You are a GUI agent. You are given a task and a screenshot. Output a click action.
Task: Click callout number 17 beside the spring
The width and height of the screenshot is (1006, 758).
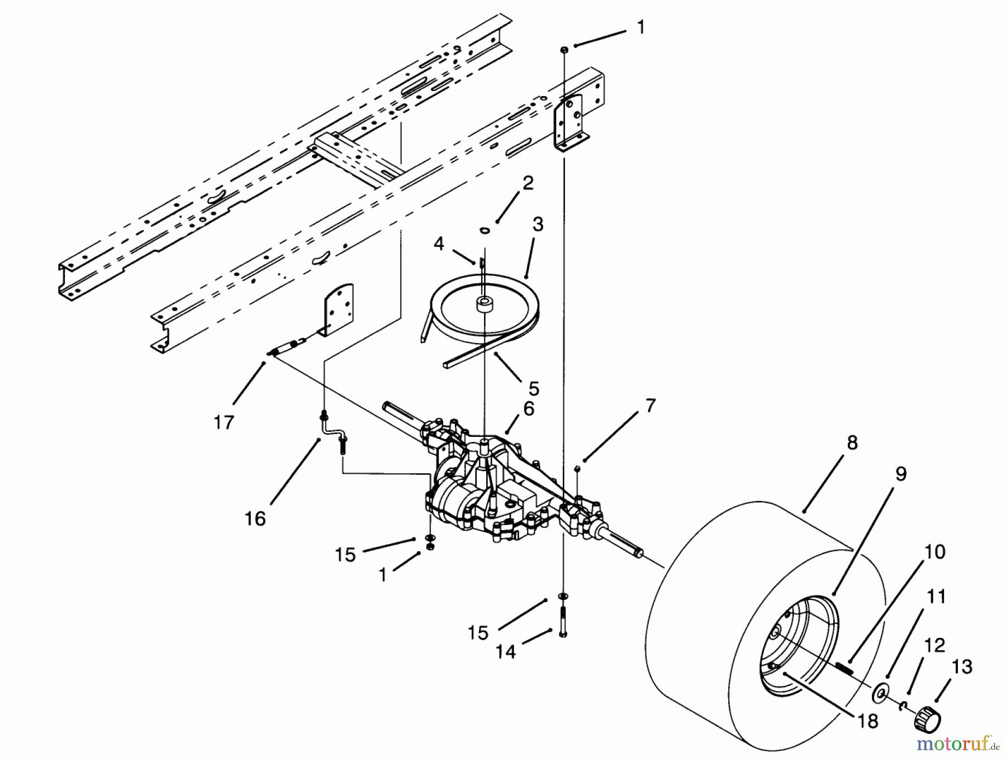[223, 422]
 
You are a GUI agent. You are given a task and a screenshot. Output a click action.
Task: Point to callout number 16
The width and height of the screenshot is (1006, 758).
[255, 518]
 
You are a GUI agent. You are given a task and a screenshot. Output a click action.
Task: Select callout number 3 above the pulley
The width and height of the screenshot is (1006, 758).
[537, 225]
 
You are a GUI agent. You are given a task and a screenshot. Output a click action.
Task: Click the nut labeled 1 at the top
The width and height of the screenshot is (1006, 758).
[564, 50]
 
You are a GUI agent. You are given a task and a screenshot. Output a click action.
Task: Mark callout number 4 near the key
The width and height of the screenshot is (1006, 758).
[439, 244]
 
